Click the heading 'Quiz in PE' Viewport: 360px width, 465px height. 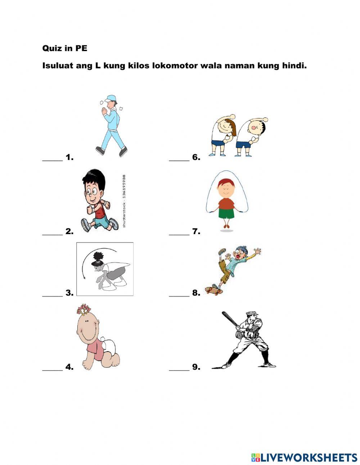point(65,48)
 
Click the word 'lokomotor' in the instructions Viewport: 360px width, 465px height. point(175,66)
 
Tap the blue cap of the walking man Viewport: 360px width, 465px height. point(111,98)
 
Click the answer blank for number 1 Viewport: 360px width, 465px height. point(52,160)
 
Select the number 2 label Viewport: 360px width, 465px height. point(69,231)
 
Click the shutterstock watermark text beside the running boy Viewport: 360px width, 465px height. point(124,201)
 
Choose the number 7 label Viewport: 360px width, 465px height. point(196,231)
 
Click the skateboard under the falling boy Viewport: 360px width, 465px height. point(213,290)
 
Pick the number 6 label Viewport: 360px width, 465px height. point(196,157)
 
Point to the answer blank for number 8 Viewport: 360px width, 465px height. point(179,296)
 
